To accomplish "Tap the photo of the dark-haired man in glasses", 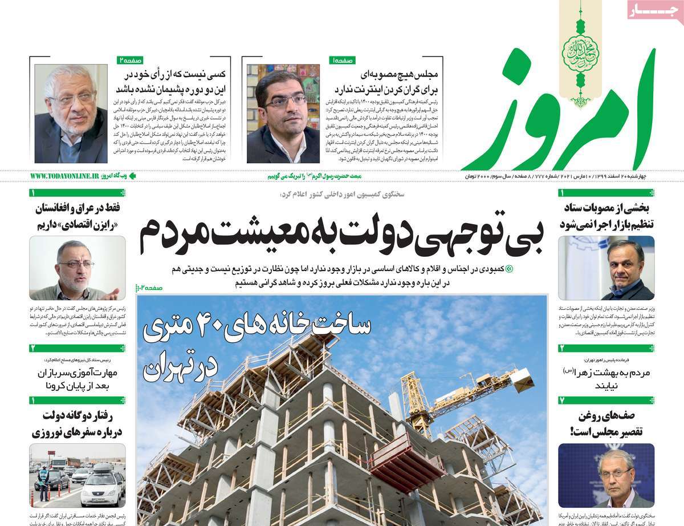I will point(283,114).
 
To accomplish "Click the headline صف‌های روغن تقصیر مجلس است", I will point(608,424).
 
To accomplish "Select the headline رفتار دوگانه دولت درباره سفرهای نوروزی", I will point(78,423).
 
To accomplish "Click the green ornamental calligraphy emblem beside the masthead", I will point(581,55).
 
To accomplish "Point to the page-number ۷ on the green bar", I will point(561,400).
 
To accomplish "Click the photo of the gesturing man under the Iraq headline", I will point(77,268).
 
